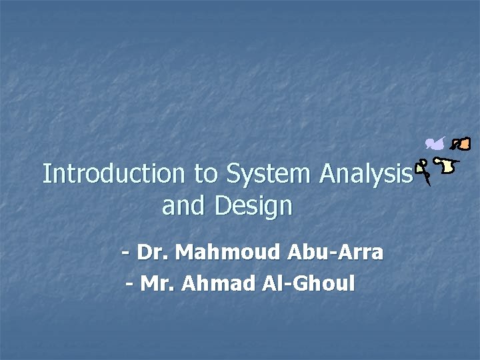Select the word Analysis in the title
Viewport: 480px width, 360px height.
tap(363, 174)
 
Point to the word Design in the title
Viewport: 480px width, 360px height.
tap(254, 207)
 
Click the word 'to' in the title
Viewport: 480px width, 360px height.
tap(205, 175)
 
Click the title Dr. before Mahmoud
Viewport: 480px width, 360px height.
tap(154, 253)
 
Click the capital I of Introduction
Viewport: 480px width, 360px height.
tap(46, 174)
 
